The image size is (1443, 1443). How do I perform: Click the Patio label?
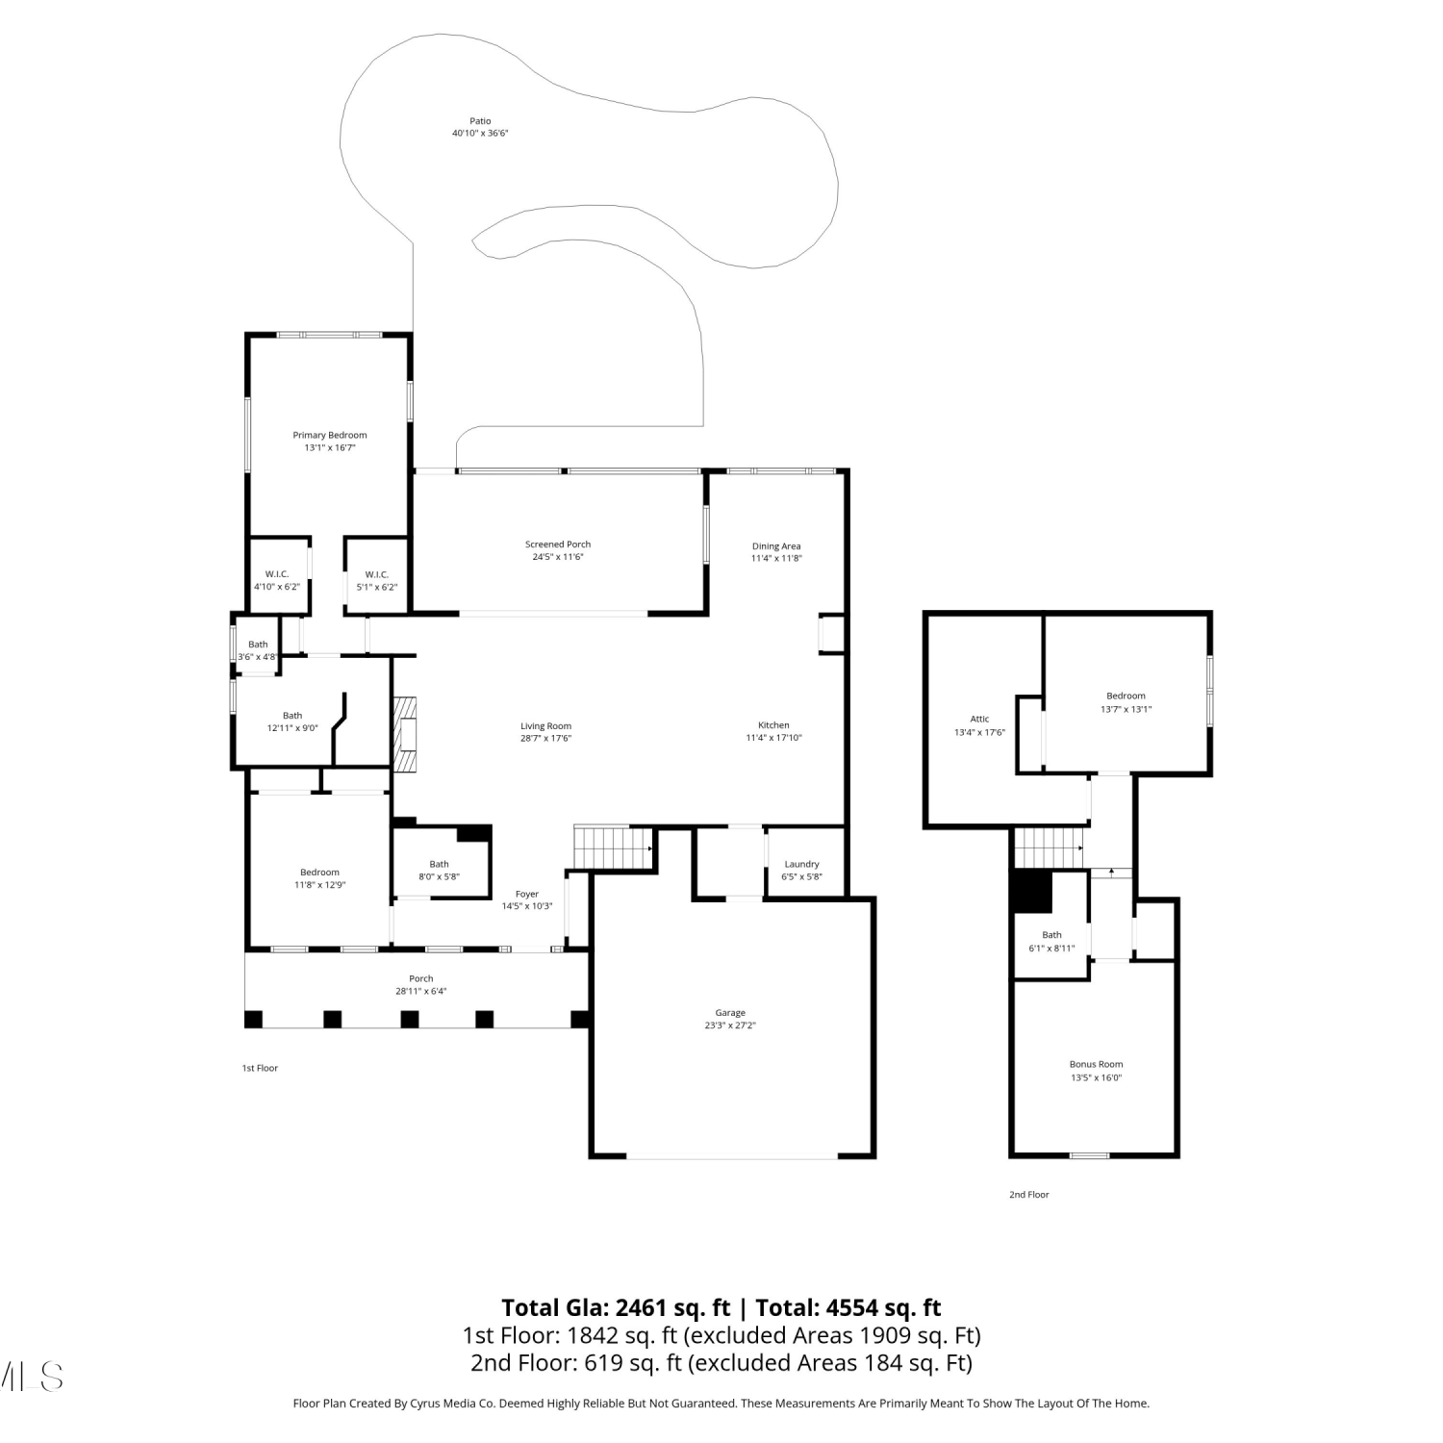(480, 121)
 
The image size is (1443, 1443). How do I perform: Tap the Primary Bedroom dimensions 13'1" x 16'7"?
(330, 447)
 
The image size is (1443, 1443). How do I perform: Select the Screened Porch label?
(558, 544)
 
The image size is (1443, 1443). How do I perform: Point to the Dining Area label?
(776, 546)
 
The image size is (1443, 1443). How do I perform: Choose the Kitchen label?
(773, 725)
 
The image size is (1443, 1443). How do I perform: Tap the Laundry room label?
(801, 864)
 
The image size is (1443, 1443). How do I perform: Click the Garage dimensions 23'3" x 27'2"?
(730, 1025)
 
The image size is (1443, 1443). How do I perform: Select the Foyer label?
(527, 894)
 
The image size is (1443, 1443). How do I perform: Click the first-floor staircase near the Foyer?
(612, 848)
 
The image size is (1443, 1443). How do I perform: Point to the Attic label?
(979, 719)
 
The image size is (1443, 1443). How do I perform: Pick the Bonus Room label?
(1097, 1064)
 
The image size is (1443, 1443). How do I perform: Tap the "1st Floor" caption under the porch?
(260, 1068)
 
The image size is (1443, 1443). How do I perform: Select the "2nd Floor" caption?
(1029, 1195)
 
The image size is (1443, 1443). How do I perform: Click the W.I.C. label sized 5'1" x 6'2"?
(377, 574)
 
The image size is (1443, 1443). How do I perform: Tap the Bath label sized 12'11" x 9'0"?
(292, 715)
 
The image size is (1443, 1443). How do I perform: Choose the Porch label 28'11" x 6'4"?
(421, 978)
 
